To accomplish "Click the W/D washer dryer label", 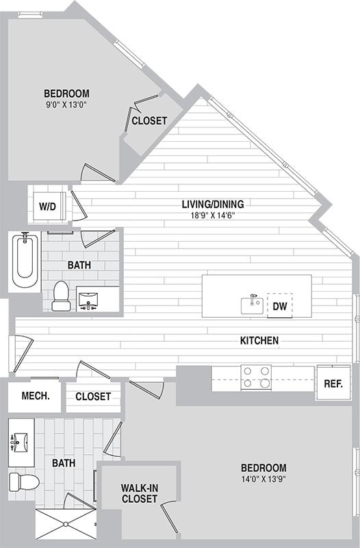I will point(47,205).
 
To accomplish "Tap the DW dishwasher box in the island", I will point(279,306).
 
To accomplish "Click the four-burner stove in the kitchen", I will point(256,377).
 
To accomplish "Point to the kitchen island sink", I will point(252,304).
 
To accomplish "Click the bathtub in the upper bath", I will point(25,261).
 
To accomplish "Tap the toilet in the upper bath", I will point(61,297).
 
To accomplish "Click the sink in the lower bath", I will point(20,443).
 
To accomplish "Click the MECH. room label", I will point(34,396).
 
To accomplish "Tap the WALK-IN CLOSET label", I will point(140,493).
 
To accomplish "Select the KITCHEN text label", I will point(259,340).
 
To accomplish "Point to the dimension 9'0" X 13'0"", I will point(66,105).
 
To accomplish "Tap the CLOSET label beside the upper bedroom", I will point(149,121).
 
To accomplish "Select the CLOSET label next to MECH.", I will point(93,397).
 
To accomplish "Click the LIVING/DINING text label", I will point(212,203).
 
